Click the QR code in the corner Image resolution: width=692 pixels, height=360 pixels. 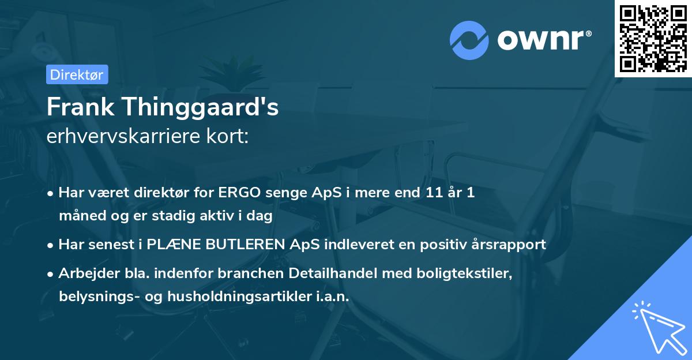pos(653,38)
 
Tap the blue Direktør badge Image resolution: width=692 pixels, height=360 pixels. pos(77,74)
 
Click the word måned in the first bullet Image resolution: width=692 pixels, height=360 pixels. pos(78,216)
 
